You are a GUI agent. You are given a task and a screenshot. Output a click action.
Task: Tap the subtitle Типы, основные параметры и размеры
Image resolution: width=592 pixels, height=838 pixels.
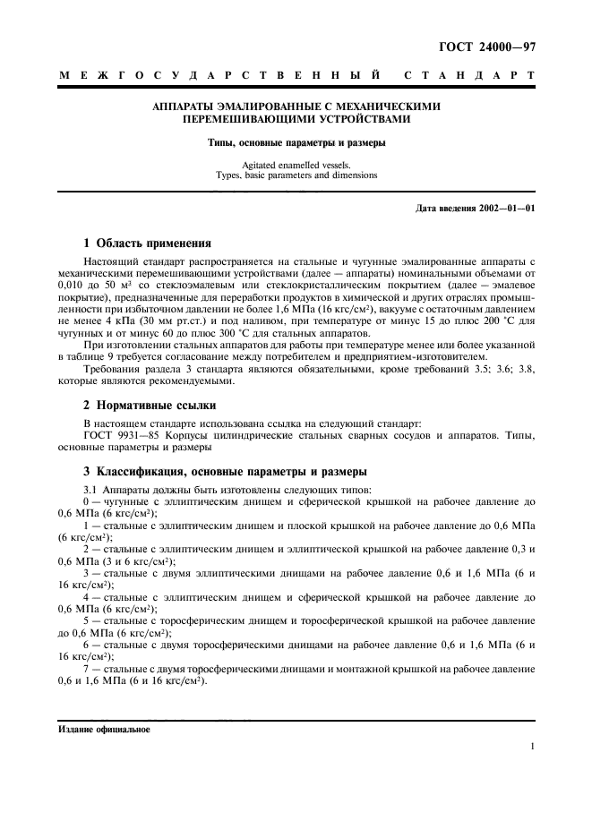(x=296, y=142)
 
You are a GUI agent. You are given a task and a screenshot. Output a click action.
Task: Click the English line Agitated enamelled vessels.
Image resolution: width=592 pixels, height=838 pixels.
(x=296, y=165)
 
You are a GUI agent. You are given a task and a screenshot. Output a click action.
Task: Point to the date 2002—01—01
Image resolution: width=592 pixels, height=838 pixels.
(x=505, y=209)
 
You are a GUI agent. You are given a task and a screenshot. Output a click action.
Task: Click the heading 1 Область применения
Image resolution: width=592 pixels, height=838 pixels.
(x=147, y=243)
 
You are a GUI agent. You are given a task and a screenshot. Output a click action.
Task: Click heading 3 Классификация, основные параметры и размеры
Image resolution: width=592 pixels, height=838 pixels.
(x=225, y=472)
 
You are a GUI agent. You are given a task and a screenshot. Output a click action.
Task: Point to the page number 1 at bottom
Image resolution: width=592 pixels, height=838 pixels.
(x=533, y=746)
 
